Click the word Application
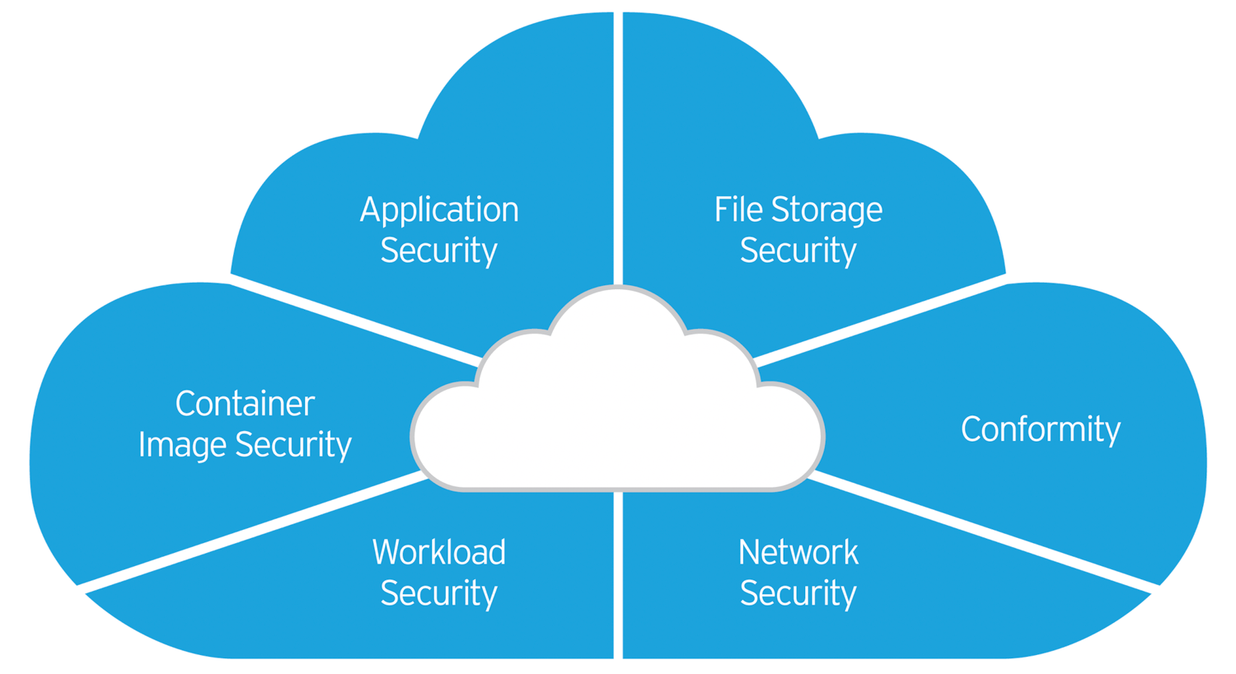[x=439, y=211]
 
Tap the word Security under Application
[x=438, y=250]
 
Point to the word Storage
[x=827, y=211]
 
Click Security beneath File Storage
[x=798, y=250]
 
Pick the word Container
[x=245, y=404]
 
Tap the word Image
[x=182, y=445]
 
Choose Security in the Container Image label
[x=293, y=446]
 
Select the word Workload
[x=438, y=552]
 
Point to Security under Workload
[x=438, y=593]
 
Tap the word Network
[x=798, y=552]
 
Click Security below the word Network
[x=798, y=593]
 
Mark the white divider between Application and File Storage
[x=618, y=148]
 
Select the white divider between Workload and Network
[x=618, y=577]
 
